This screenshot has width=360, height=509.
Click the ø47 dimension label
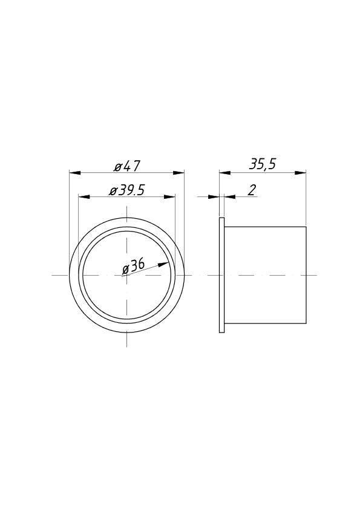pyautogui.click(x=126, y=166)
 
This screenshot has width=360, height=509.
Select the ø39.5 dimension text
pyautogui.click(x=126, y=190)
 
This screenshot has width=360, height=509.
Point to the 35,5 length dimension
pyautogui.click(x=263, y=164)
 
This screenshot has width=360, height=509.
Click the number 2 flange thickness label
pyautogui.click(x=252, y=190)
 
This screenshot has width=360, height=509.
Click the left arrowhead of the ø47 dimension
pyautogui.click(x=76, y=173)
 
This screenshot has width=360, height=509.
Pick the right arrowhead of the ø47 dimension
pyautogui.click(x=178, y=173)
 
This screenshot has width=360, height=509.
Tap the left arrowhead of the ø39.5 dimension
pyautogui.click(x=84, y=196)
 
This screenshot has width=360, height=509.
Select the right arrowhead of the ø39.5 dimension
pyautogui.click(x=169, y=196)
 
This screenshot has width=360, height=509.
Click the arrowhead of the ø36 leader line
pyautogui.click(x=164, y=264)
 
